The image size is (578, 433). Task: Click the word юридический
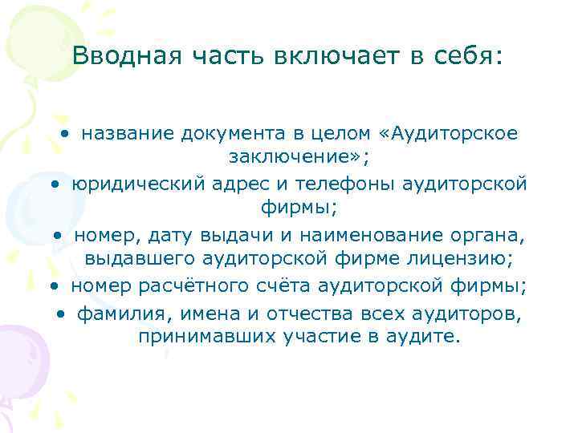click(x=139, y=184)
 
